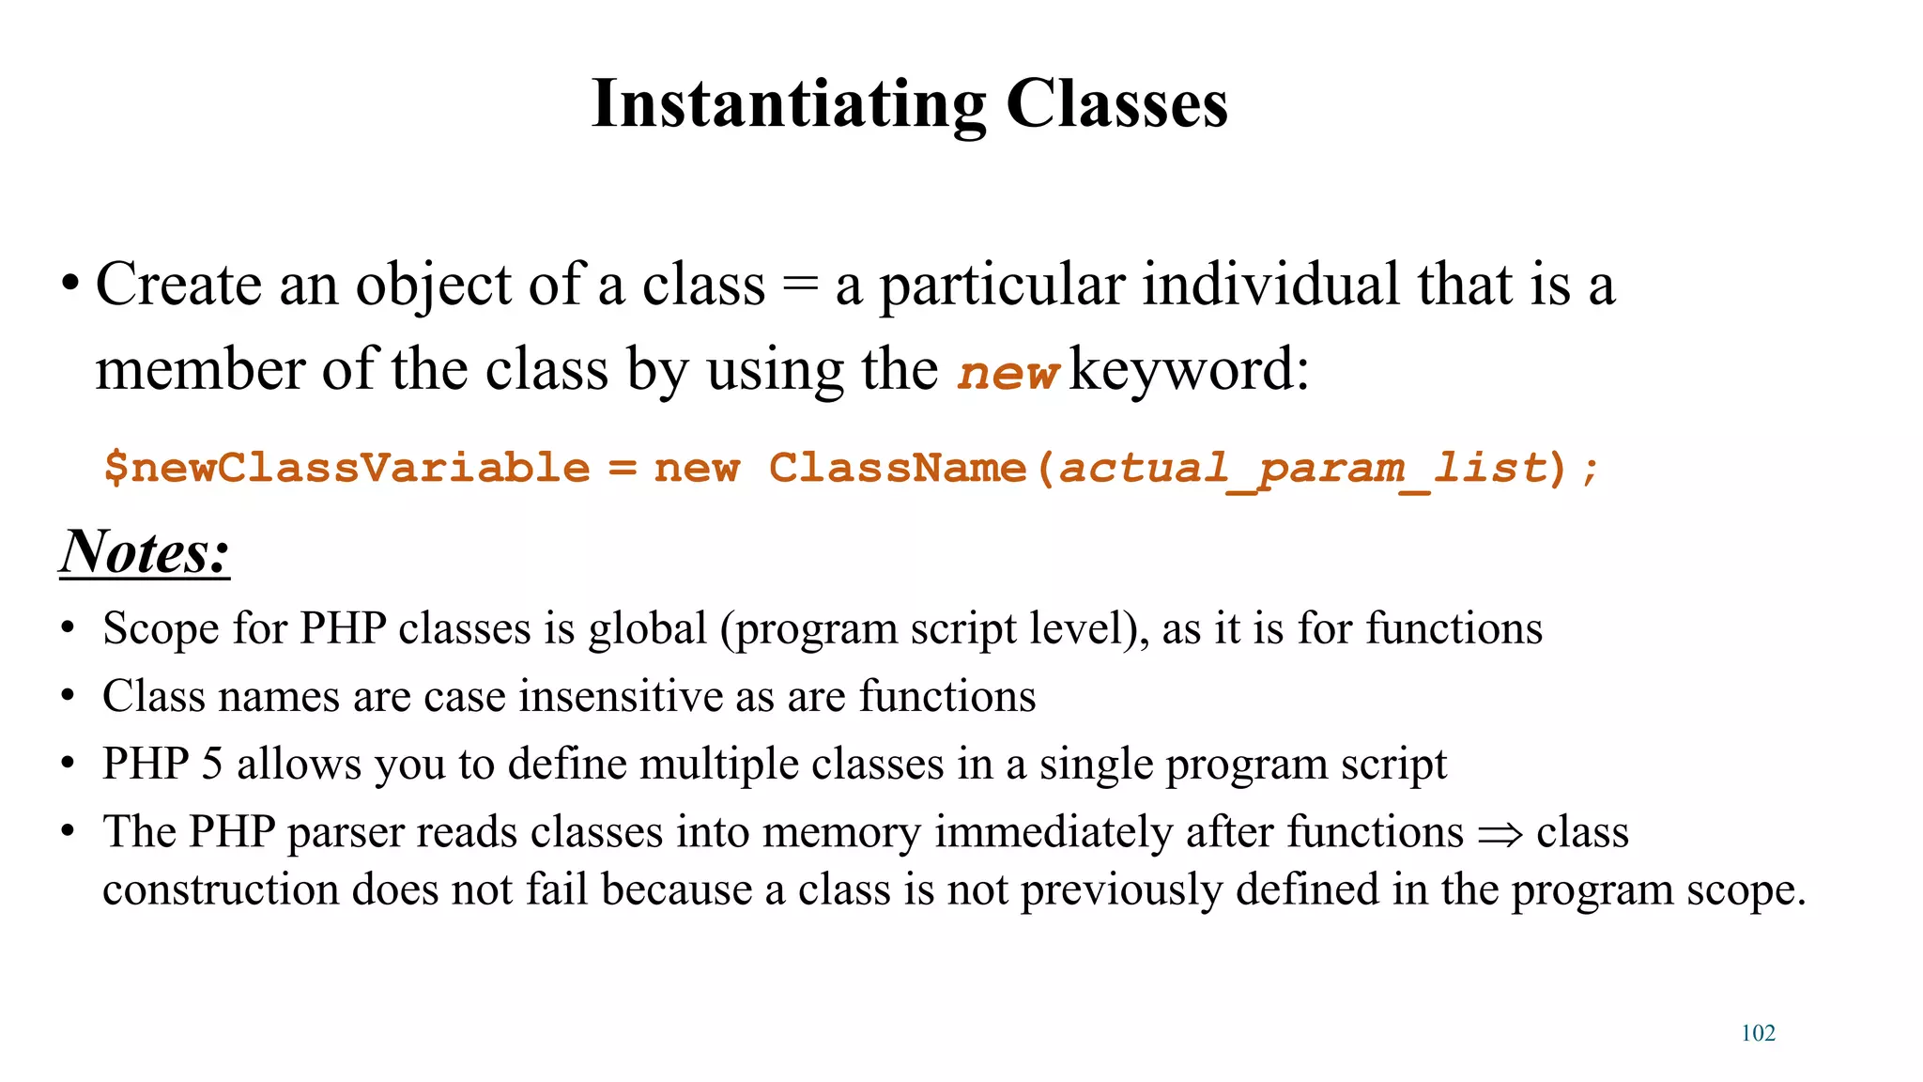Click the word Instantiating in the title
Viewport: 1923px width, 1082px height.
(x=789, y=103)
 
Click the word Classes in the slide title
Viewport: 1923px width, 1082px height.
(x=1116, y=103)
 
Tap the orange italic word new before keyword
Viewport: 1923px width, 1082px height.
(x=1008, y=372)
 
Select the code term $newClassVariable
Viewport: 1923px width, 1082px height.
(x=346, y=468)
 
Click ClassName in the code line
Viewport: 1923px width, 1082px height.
(x=898, y=468)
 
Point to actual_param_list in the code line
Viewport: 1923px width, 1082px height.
(x=1301, y=468)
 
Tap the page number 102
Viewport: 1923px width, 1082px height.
(x=1758, y=1033)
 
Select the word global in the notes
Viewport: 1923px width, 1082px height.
(x=648, y=628)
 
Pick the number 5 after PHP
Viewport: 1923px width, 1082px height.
(x=212, y=764)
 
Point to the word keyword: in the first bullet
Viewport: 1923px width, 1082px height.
(x=1189, y=369)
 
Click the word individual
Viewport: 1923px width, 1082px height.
(x=1272, y=285)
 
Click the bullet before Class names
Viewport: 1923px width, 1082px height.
(x=68, y=697)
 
